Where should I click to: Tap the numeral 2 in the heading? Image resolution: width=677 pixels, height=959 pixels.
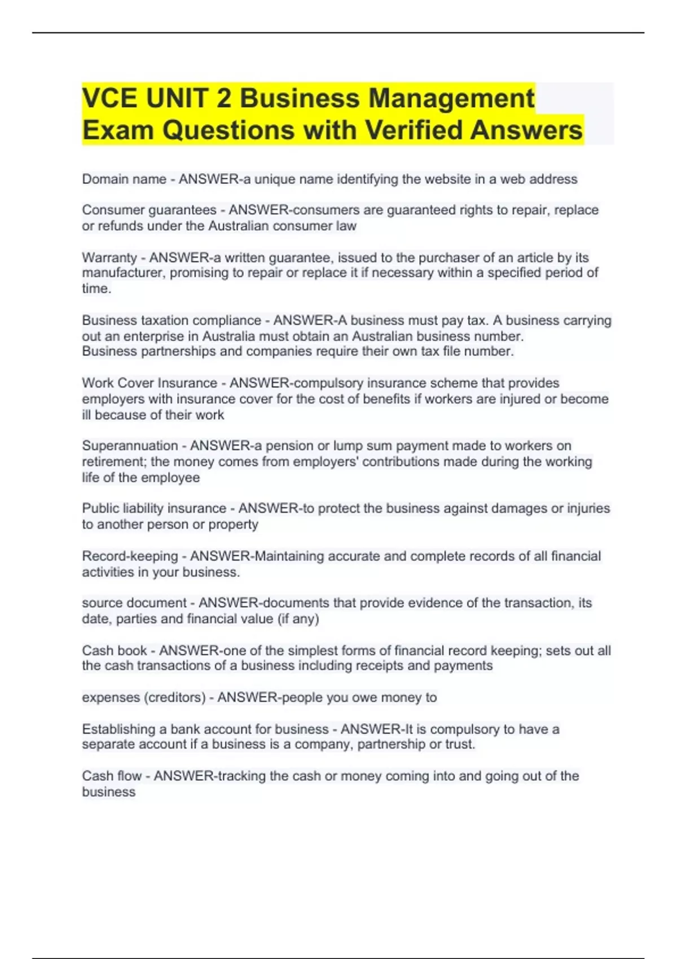[223, 98]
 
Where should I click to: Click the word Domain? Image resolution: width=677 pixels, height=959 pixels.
[105, 179]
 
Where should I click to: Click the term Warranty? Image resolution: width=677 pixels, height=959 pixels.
[109, 258]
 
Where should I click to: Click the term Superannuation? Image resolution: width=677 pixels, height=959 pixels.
[130, 446]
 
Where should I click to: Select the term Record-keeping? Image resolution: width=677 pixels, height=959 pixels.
[130, 556]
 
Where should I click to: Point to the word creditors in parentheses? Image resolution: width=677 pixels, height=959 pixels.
[175, 698]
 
